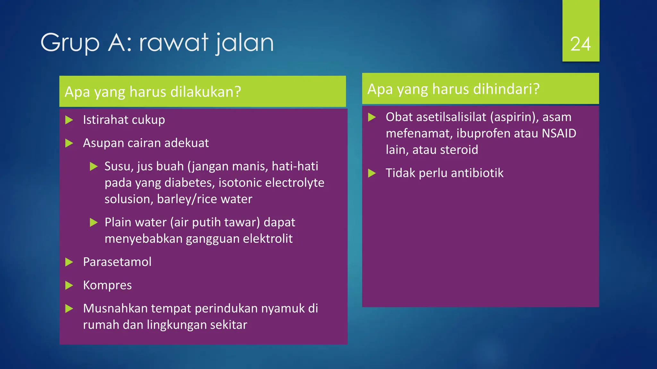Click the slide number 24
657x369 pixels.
pyautogui.click(x=580, y=44)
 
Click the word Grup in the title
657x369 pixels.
pyautogui.click(x=70, y=43)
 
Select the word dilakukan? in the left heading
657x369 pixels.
pyautogui.click(x=206, y=92)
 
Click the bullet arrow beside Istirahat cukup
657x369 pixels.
pyautogui.click(x=69, y=120)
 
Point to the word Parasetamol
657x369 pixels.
pyautogui.click(x=117, y=262)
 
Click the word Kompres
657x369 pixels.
pyautogui.click(x=107, y=285)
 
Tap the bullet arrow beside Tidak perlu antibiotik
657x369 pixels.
pyautogui.click(x=372, y=173)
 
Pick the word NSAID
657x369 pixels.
pyautogui.click(x=559, y=133)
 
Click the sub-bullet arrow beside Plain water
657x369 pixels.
pyautogui.click(x=93, y=222)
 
